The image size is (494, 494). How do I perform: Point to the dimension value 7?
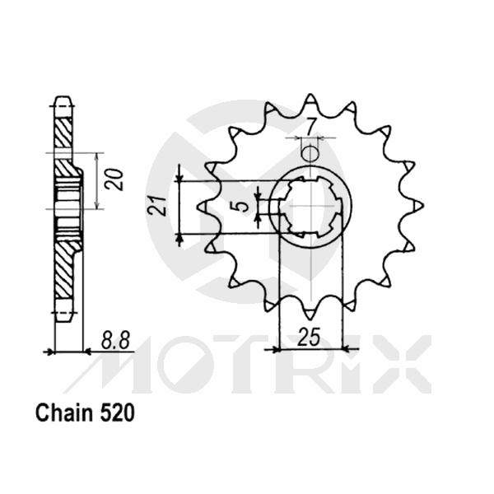(x=310, y=127)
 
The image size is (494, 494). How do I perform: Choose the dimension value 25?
(x=309, y=338)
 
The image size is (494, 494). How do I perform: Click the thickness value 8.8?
(x=111, y=339)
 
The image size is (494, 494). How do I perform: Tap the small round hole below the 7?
(x=310, y=153)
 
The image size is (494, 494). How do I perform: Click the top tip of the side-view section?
(x=63, y=100)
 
